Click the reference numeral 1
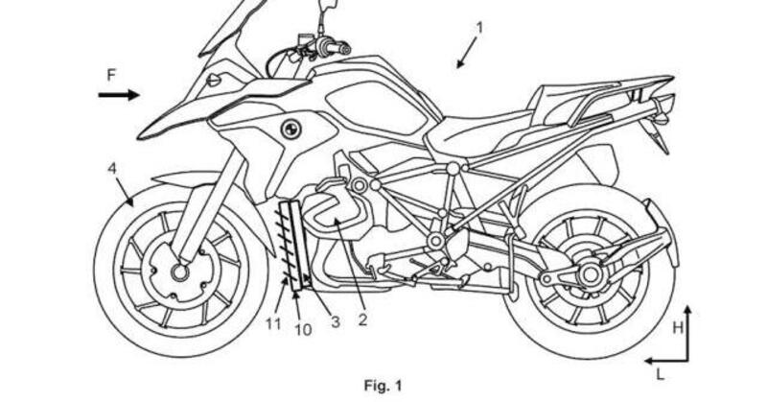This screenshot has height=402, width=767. click(479, 27)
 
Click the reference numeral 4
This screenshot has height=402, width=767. click(112, 169)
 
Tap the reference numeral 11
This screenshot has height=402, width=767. click(274, 323)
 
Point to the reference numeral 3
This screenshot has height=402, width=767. click(335, 321)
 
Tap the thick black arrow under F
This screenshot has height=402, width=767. click(119, 94)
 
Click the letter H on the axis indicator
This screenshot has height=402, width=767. click(678, 327)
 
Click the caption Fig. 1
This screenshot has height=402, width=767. click(383, 386)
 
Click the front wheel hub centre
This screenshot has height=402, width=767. click(178, 272)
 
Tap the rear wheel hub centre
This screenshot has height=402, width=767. click(588, 274)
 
